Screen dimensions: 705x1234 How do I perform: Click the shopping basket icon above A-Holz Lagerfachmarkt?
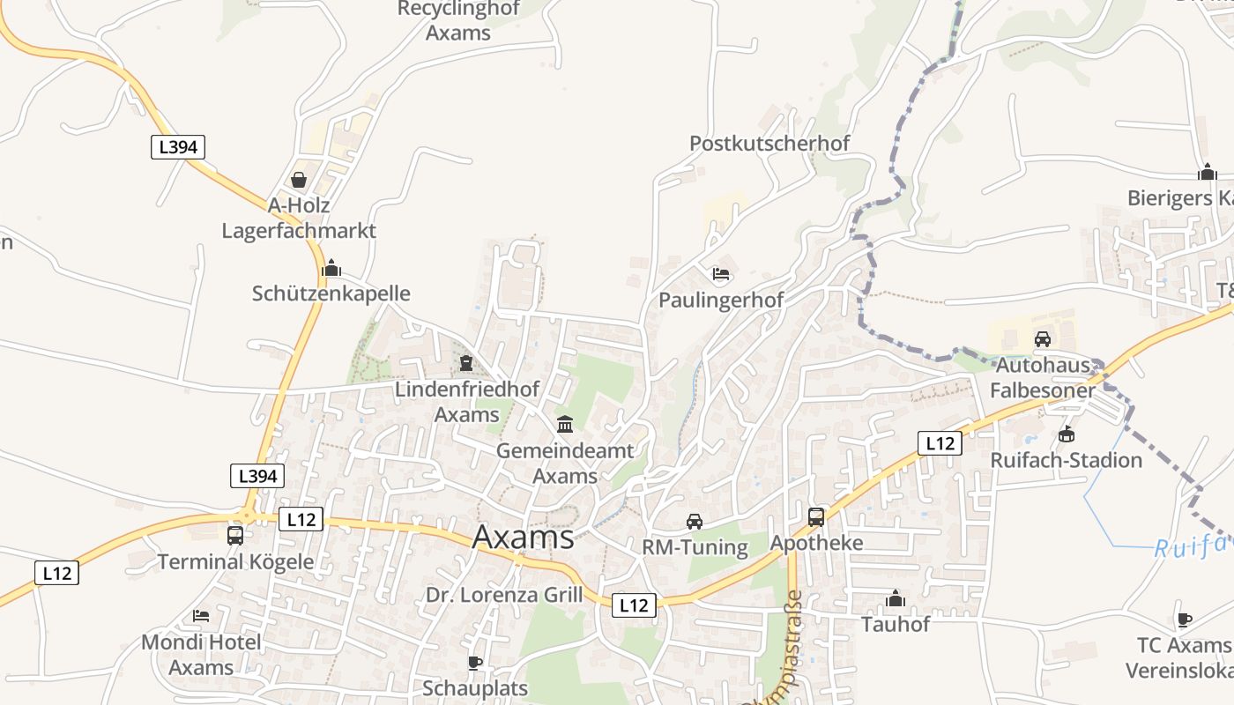click(299, 180)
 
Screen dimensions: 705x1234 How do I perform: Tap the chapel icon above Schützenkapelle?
click(331, 268)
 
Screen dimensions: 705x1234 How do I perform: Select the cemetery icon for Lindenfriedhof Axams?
click(465, 363)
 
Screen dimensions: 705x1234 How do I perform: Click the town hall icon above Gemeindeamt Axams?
click(565, 425)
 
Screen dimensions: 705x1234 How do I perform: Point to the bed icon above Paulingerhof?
click(721, 274)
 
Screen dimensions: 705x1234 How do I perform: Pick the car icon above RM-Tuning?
click(695, 521)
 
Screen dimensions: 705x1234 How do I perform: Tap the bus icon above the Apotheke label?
click(816, 517)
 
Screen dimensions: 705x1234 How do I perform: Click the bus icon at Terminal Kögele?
click(235, 535)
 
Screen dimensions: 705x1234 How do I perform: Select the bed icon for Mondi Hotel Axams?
click(201, 616)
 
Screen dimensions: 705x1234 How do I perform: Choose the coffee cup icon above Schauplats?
click(475, 663)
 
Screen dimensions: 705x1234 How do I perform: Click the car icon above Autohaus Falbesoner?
click(1043, 338)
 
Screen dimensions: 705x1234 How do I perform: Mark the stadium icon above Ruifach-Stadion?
click(1067, 434)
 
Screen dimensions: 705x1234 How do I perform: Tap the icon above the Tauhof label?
click(896, 599)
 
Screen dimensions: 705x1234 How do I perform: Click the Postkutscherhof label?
click(769, 143)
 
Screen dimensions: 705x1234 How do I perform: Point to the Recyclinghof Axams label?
click(458, 21)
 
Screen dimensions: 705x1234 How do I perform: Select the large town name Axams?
click(524, 537)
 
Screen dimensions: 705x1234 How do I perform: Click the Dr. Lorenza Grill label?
click(504, 595)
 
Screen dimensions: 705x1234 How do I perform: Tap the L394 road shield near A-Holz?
click(177, 147)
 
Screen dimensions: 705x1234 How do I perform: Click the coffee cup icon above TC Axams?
click(1184, 620)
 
